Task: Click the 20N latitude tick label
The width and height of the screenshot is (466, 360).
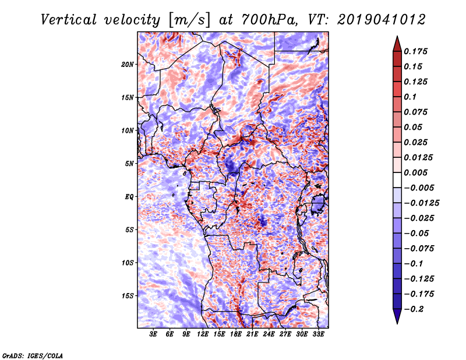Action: pos(128,64)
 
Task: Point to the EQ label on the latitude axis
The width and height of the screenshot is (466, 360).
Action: pos(129,196)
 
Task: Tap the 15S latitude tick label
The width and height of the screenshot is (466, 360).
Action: pos(128,295)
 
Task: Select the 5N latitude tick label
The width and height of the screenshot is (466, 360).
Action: pos(129,163)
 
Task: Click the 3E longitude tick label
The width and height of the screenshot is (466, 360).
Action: pos(154,334)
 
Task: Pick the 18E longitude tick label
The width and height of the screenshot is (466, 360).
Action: pos(236,334)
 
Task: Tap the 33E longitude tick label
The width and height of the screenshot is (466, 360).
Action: pos(318,334)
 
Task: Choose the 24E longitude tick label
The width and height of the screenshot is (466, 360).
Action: pos(269,334)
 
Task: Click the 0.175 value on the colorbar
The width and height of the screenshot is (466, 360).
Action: pos(418,51)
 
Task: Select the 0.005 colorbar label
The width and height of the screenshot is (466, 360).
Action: pos(418,172)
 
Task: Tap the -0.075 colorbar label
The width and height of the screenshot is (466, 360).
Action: pos(419,248)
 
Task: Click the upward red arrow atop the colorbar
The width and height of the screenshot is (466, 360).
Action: pos(397,41)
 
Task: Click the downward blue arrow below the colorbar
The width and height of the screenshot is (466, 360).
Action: pos(397,317)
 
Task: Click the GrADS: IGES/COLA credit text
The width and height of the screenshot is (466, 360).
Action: pos(32,355)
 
